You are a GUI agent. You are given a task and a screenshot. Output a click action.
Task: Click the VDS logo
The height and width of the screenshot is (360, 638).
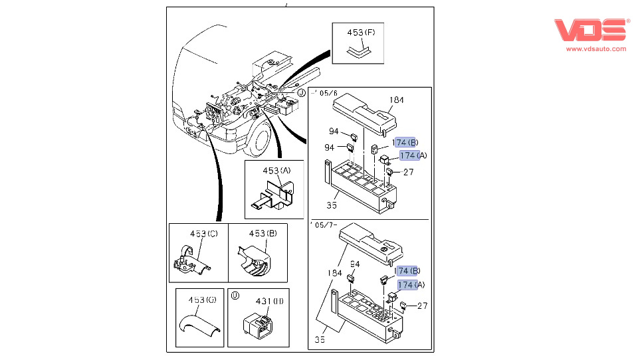point(591,30)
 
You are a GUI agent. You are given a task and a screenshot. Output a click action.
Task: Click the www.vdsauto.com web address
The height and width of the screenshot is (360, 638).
point(596,48)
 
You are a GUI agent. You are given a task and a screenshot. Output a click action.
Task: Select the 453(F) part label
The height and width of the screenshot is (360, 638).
point(361,33)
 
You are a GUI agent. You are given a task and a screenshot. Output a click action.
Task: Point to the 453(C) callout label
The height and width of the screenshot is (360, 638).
point(204,234)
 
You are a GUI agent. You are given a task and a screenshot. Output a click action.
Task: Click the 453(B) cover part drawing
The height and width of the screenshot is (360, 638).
point(254,260)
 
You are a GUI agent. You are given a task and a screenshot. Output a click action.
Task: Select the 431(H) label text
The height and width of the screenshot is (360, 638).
point(269,302)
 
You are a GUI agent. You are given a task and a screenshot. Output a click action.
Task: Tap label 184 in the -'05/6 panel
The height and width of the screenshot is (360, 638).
point(396,100)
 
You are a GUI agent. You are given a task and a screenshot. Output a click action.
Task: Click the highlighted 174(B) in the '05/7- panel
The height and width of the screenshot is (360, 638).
point(407,271)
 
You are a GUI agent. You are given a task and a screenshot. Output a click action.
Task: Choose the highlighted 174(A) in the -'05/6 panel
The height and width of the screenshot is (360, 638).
point(413,155)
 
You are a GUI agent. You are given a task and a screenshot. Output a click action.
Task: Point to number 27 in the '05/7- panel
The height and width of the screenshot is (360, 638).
point(423,306)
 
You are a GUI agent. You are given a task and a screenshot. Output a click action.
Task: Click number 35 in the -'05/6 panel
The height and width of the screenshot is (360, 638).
point(332,205)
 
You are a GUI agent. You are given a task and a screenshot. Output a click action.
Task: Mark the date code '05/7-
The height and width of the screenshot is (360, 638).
point(324,225)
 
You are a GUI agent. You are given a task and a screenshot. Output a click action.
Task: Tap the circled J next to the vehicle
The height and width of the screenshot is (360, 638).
point(301,93)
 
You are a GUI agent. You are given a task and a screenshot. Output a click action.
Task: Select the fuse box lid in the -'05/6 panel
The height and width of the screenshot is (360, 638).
point(364,114)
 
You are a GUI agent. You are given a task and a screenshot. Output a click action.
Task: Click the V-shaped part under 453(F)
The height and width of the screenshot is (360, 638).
point(359,52)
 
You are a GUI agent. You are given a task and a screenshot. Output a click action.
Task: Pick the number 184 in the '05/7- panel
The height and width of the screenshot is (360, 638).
point(334,274)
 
